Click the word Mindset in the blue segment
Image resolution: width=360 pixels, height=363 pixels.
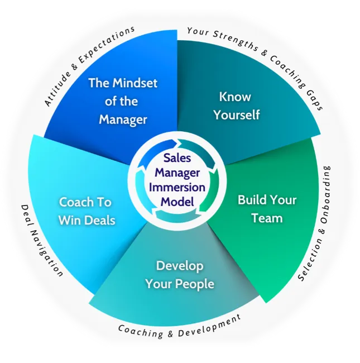click(135, 83)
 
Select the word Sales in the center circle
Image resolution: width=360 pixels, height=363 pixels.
click(177, 158)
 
